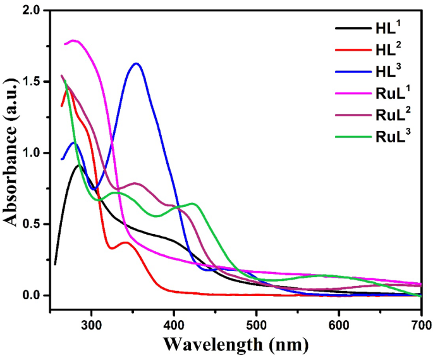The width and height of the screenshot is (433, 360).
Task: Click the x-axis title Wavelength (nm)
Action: [236, 344]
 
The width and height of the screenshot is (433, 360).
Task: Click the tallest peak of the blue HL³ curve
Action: [136, 63]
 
